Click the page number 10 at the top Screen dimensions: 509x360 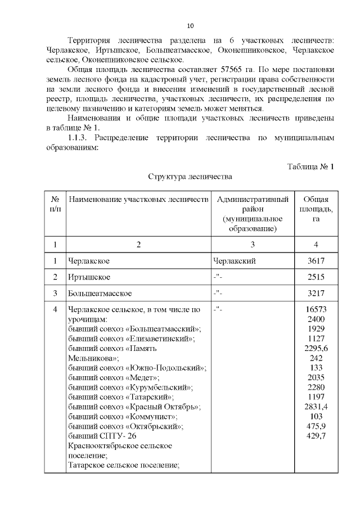(190, 26)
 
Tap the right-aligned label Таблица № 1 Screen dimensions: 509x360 (311, 167)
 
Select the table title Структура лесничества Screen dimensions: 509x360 (190, 177)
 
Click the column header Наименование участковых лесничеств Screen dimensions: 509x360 (138, 200)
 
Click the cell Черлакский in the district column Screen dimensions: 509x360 (235, 262)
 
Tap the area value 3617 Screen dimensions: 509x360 (316, 262)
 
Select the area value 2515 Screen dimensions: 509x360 (316, 277)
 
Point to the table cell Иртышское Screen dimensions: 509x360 (89, 277)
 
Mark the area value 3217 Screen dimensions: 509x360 (316, 294)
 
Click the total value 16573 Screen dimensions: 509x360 (316, 309)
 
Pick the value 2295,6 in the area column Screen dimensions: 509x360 (316, 348)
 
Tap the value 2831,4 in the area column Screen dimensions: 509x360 (316, 407)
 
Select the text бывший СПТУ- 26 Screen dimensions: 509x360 (102, 436)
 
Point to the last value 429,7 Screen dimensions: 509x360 (316, 436)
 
